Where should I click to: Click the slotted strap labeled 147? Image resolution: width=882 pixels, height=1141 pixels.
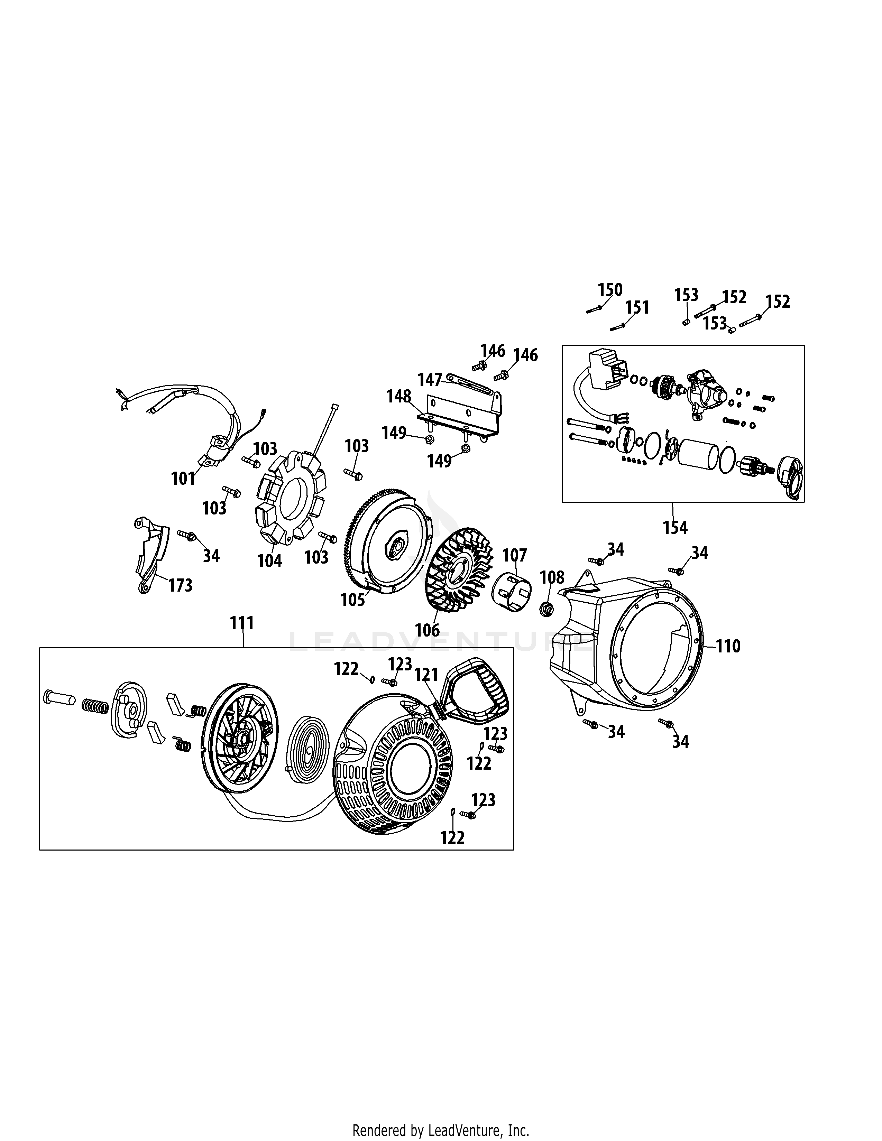[x=470, y=386]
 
